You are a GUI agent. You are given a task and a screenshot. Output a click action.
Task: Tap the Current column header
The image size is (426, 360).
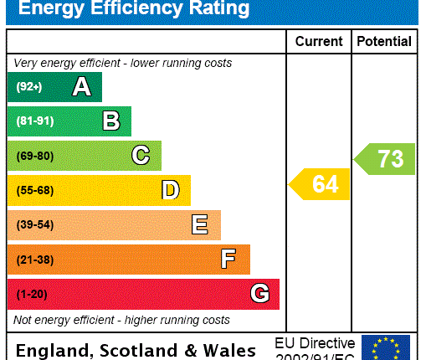tap(319, 41)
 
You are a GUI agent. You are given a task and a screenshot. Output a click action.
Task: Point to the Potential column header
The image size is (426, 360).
tap(384, 41)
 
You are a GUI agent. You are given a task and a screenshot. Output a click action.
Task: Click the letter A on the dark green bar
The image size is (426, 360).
tap(81, 86)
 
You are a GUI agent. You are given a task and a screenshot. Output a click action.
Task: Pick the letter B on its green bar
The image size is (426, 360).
tap(110, 121)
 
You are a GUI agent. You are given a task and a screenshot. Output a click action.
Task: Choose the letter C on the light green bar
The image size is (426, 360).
tap(141, 156)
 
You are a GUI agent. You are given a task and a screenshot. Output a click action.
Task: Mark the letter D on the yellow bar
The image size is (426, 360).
tap(170, 191)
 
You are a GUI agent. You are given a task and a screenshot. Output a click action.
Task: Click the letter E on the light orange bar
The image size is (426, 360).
tap(200, 225)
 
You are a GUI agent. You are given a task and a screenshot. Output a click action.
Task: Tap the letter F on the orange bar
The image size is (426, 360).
tap(228, 260)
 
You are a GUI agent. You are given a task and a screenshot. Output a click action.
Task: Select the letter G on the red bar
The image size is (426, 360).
tap(259, 294)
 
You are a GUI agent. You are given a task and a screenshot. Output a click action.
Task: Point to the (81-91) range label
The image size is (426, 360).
tap(34, 121)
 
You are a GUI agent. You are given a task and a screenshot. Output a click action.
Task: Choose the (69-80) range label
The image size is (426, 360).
tap(34, 157)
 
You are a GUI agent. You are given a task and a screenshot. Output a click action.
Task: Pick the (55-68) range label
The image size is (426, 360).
tap(34, 191)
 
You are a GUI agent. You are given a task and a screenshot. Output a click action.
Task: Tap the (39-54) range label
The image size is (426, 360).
tap(34, 225)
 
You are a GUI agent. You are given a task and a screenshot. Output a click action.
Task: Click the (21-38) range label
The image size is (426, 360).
tap(34, 260)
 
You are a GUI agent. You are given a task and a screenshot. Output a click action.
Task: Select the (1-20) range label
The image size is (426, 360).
tap(32, 295)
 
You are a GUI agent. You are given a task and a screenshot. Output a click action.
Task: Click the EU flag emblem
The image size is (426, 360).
tap(386, 347)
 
